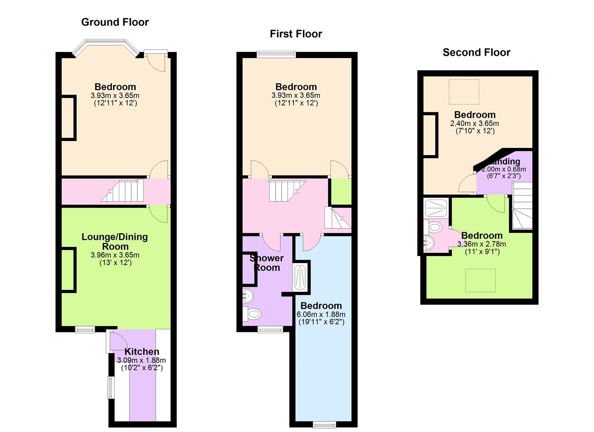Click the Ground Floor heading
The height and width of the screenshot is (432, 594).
tap(115, 22)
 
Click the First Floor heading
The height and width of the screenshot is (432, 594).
tap(296, 34)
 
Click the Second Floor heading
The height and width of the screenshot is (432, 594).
tap(476, 52)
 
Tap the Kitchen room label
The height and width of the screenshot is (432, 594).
tap(142, 352)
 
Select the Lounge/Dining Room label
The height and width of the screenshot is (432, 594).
tap(115, 242)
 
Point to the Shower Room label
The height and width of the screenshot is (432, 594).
tap(267, 263)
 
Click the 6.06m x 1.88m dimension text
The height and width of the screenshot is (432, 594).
tap(321, 314)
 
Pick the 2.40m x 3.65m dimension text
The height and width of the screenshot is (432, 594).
tap(474, 124)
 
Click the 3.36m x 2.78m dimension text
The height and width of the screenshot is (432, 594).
tap(482, 244)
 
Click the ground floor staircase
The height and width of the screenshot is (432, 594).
tap(123, 190)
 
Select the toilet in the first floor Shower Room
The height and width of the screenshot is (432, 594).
tap(252, 314)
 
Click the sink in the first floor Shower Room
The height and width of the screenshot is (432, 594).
tap(248, 296)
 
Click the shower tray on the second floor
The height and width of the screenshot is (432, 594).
tap(436, 208)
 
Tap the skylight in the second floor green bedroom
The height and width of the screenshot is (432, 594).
tap(480, 280)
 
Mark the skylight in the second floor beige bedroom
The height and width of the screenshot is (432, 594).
tap(464, 92)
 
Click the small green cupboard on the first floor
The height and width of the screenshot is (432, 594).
tap(341, 192)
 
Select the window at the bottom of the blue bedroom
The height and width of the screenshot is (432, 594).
tap(324, 424)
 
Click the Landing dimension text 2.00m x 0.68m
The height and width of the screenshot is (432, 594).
tap(503, 169)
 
